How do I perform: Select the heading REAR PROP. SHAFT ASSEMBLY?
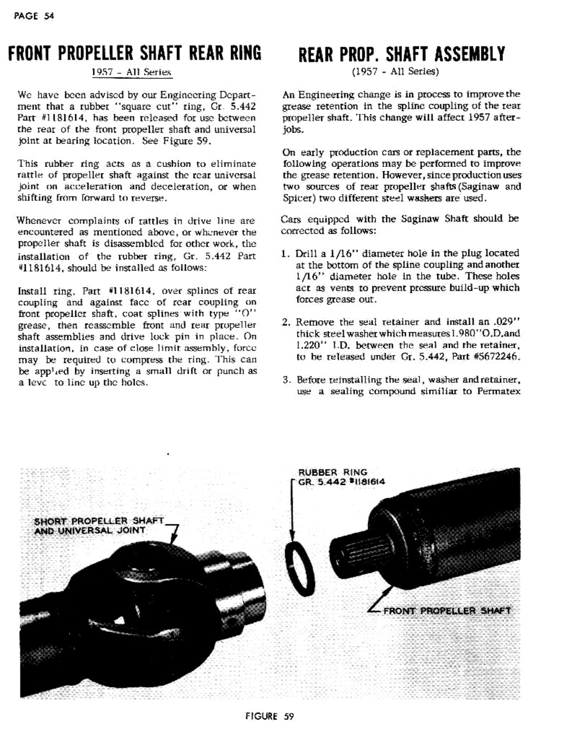(x=402, y=54)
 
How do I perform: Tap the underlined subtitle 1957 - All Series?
(x=131, y=72)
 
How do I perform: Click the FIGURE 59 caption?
(x=269, y=716)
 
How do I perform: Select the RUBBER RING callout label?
(x=333, y=472)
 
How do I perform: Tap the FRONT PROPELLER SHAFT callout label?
(x=447, y=611)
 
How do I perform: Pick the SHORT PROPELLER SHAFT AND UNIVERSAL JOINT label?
(x=99, y=525)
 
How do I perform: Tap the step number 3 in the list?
(x=286, y=380)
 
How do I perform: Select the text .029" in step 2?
(x=507, y=322)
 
